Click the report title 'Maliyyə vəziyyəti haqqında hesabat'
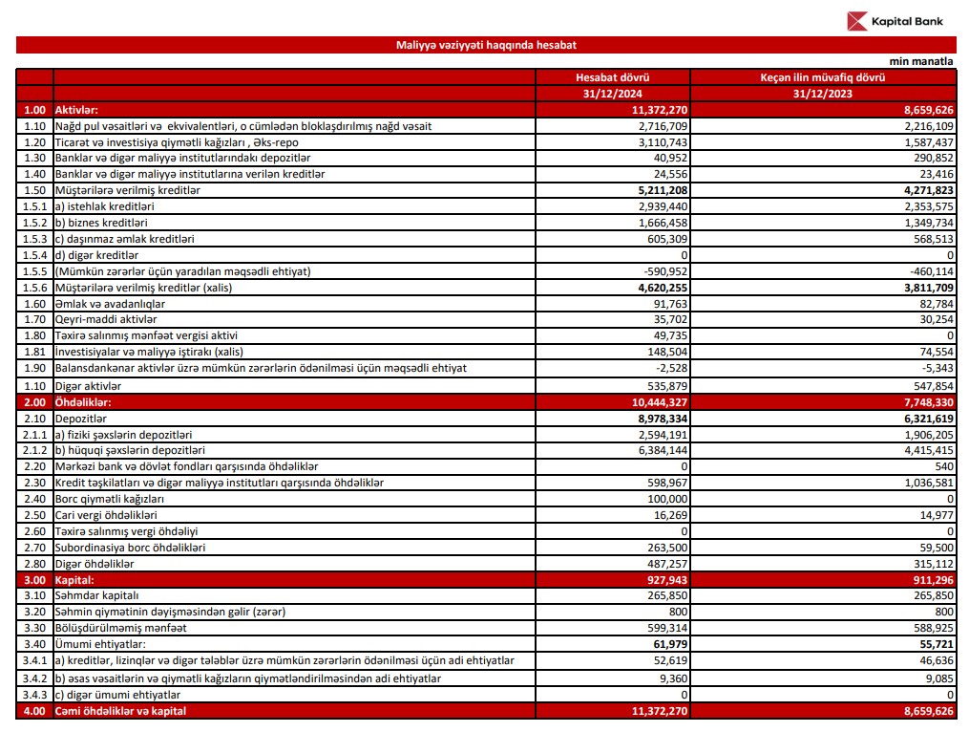486,45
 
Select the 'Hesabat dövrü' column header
612,77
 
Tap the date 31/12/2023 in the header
822,94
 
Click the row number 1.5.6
34,288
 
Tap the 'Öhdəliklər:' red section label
84,402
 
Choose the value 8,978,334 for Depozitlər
654,419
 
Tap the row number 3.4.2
34,678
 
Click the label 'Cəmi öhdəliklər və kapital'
120,711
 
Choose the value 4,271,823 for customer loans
920,191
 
